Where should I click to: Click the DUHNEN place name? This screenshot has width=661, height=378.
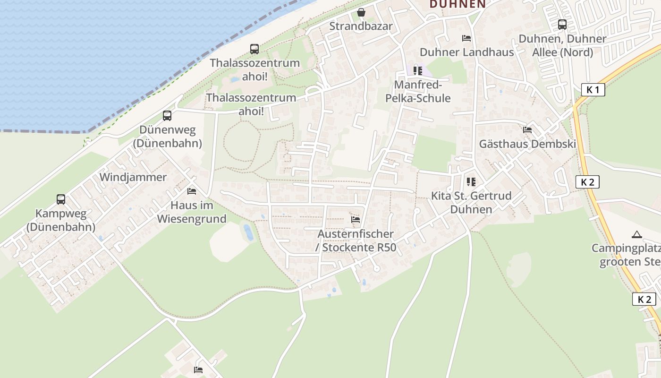(458, 4)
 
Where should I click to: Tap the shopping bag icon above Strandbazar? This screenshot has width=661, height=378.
(361, 12)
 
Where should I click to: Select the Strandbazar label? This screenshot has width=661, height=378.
(361, 26)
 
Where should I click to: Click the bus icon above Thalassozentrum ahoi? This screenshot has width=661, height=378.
(254, 49)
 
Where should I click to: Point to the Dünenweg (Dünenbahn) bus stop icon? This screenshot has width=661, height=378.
(167, 116)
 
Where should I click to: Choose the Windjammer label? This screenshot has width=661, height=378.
(133, 177)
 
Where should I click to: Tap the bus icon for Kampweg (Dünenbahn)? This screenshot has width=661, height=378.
(61, 199)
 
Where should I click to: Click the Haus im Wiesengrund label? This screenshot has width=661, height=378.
(192, 212)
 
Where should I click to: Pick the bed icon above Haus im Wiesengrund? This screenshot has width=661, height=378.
(192, 191)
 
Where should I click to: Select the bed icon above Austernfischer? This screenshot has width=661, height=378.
(356, 220)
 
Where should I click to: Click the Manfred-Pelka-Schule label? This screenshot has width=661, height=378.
(418, 92)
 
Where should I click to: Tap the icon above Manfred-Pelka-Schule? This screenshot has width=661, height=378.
(417, 71)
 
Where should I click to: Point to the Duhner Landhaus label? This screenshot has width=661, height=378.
(466, 52)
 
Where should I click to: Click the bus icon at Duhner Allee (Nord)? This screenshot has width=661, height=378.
(562, 25)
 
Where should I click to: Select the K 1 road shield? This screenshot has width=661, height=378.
(593, 90)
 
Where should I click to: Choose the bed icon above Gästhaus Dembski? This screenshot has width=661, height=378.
(527, 130)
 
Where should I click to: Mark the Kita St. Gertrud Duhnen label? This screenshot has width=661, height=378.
(471, 202)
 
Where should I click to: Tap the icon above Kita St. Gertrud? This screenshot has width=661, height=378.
(471, 181)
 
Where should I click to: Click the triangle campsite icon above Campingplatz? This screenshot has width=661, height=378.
(637, 234)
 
